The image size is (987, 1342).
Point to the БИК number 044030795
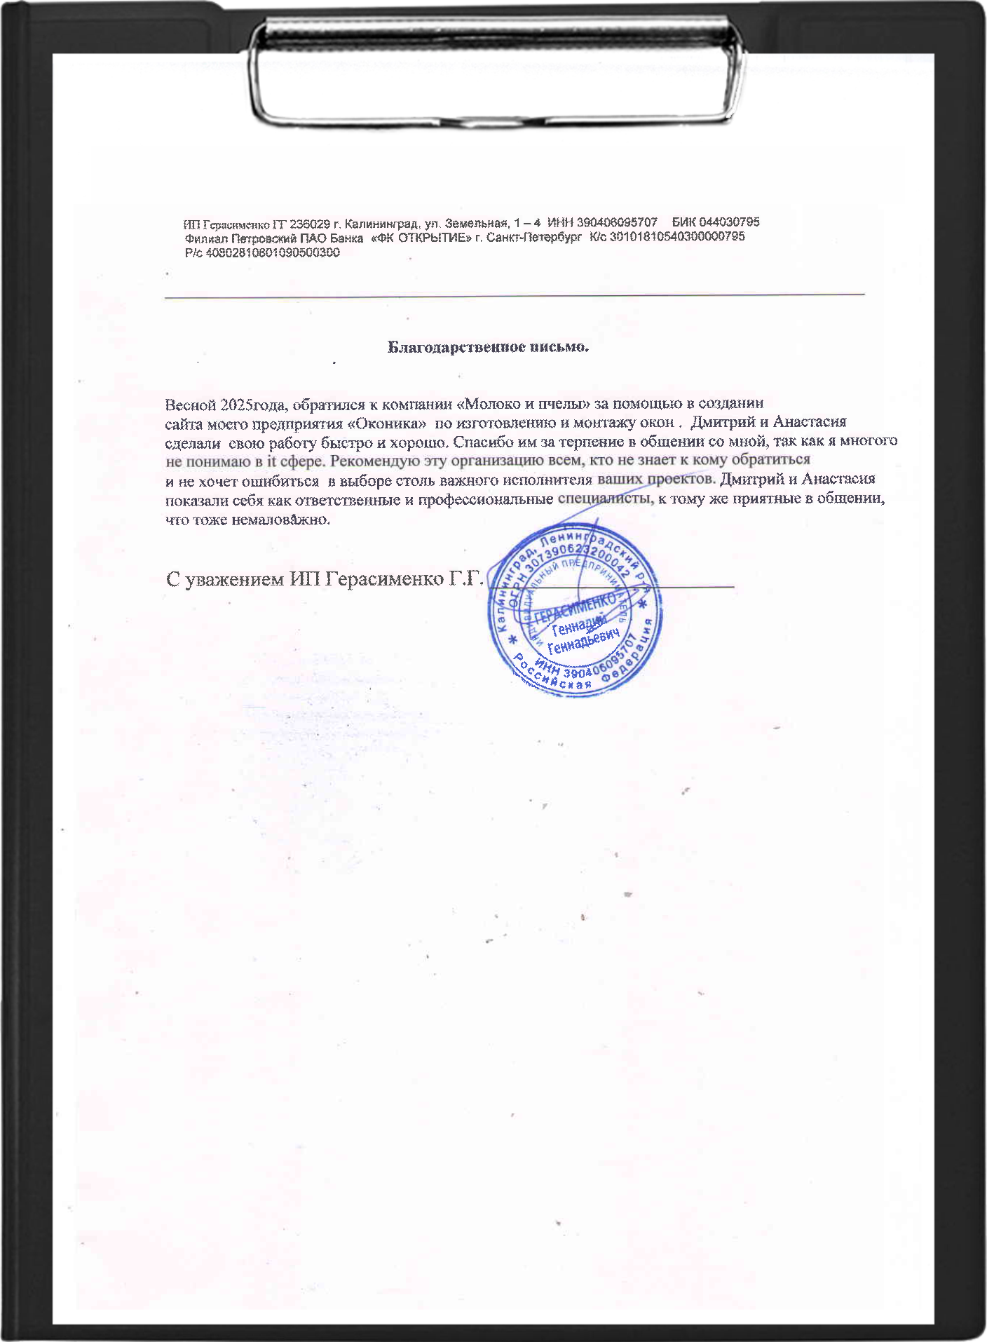[725, 222]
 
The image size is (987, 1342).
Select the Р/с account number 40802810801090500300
[273, 253]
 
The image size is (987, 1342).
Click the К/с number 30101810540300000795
[677, 237]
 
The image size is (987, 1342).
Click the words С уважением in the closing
[225, 580]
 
